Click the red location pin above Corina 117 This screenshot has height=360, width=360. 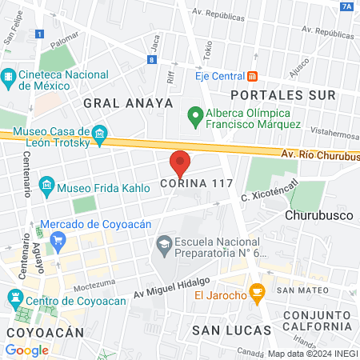click(180, 162)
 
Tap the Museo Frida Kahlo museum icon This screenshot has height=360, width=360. click(46, 186)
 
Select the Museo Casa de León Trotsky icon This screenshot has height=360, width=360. click(99, 132)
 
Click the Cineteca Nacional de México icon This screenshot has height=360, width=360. click(9, 77)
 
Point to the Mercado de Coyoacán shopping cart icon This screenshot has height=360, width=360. click(57, 238)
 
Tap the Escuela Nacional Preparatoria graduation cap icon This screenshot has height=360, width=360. click(163, 242)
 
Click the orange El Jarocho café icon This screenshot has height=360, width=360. click(257, 295)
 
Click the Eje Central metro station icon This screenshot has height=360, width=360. click(253, 76)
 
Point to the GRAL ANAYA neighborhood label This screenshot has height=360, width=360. click(128, 102)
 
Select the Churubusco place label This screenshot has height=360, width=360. click(317, 214)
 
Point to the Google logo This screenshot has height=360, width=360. click(26, 350)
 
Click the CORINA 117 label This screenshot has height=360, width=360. click(197, 184)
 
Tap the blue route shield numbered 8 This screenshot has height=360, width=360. click(151, 59)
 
